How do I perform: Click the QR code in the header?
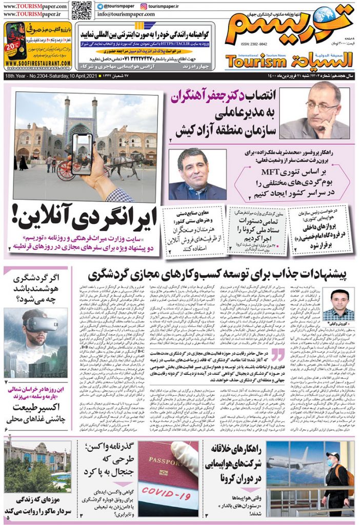click(81, 10)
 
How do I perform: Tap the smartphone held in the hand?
click(82, 154)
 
